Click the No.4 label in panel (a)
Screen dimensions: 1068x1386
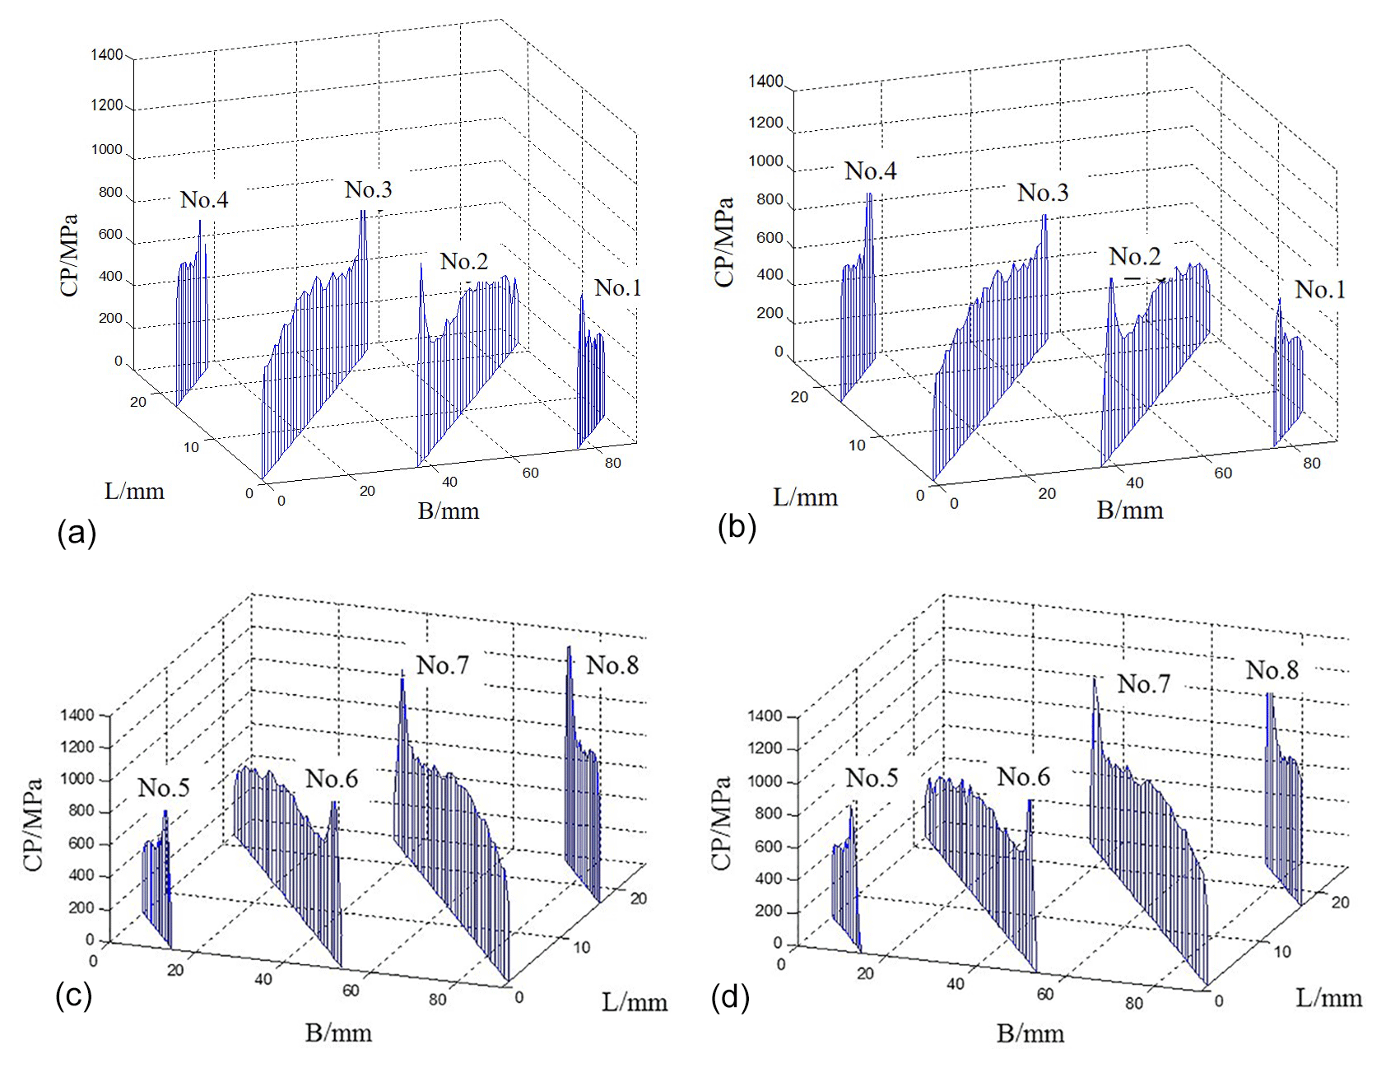pyautogui.click(x=204, y=200)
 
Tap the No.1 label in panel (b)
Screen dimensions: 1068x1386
pyautogui.click(x=1319, y=290)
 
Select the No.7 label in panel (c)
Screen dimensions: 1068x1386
pyautogui.click(x=443, y=665)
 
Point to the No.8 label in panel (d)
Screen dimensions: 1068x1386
pyautogui.click(x=1272, y=670)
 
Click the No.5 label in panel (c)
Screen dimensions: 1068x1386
pyautogui.click(x=164, y=788)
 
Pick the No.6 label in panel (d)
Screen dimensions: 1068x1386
pyautogui.click(x=1023, y=777)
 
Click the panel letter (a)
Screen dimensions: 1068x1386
pyautogui.click(x=77, y=533)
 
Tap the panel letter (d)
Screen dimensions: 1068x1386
pyautogui.click(x=730, y=998)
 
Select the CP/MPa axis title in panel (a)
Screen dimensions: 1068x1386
pyautogui.click(x=69, y=255)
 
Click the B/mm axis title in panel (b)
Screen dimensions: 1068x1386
pyautogui.click(x=1129, y=511)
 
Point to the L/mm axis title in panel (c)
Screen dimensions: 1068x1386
pyautogui.click(x=635, y=1002)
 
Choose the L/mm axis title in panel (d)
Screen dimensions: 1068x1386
pyautogui.click(x=1328, y=998)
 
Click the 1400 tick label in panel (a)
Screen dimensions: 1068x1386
pyautogui.click(x=106, y=55)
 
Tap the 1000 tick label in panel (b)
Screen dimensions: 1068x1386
pyautogui.click(x=765, y=161)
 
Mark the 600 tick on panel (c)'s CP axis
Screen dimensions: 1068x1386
pyautogui.click(x=81, y=843)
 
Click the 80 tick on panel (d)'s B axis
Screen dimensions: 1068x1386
pyautogui.click(x=1134, y=1003)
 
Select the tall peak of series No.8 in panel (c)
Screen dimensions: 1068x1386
pyautogui.click(x=569, y=649)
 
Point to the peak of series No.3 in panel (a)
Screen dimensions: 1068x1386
pyautogui.click(x=362, y=212)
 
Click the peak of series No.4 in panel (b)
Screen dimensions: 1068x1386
pyautogui.click(x=869, y=195)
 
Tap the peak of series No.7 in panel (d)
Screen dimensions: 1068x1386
pyautogui.click(x=1095, y=679)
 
